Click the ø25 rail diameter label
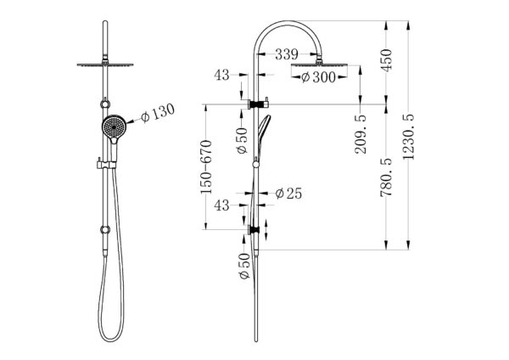point(288,194)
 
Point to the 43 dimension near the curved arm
point(223,76)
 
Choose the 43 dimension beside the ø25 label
point(223,205)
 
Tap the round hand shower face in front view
point(112,128)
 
